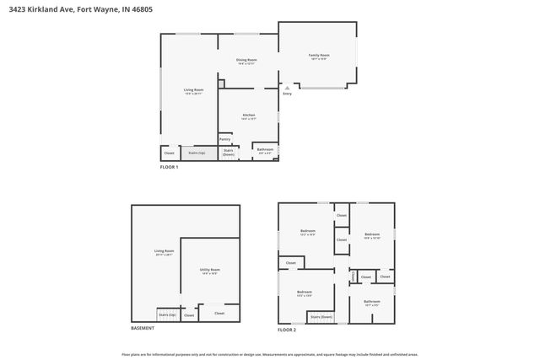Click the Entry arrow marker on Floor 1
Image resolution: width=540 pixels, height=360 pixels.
pyautogui.click(x=287, y=87)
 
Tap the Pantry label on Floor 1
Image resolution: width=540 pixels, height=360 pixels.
pyautogui.click(x=224, y=139)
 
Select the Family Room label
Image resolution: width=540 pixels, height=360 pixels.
pyautogui.click(x=318, y=56)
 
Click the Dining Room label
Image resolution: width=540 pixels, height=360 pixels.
pyautogui.click(x=246, y=62)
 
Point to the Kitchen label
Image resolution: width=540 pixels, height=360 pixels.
pyautogui.click(x=249, y=116)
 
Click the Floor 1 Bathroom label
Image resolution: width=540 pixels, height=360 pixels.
pyautogui.click(x=265, y=151)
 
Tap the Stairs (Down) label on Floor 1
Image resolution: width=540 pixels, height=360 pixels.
pyautogui.click(x=229, y=153)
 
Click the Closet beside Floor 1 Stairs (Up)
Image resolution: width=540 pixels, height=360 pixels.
pyautogui.click(x=169, y=153)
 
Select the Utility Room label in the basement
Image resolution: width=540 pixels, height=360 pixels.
pyautogui.click(x=209, y=271)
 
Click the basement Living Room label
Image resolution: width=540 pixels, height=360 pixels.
pyautogui.click(x=164, y=252)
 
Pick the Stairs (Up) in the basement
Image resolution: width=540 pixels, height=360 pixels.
pyautogui.click(x=167, y=314)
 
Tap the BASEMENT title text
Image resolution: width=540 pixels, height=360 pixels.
pyautogui.click(x=143, y=328)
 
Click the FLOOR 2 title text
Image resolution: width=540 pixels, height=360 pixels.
pyautogui.click(x=287, y=329)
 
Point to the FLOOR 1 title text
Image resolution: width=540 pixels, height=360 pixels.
pyautogui.click(x=169, y=167)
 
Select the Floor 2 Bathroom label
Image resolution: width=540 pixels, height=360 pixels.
pyautogui.click(x=372, y=302)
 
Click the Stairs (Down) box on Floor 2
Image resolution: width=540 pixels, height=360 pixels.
pyautogui.click(x=321, y=317)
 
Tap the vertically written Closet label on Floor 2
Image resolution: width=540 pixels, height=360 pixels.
pyautogui.click(x=353, y=276)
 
